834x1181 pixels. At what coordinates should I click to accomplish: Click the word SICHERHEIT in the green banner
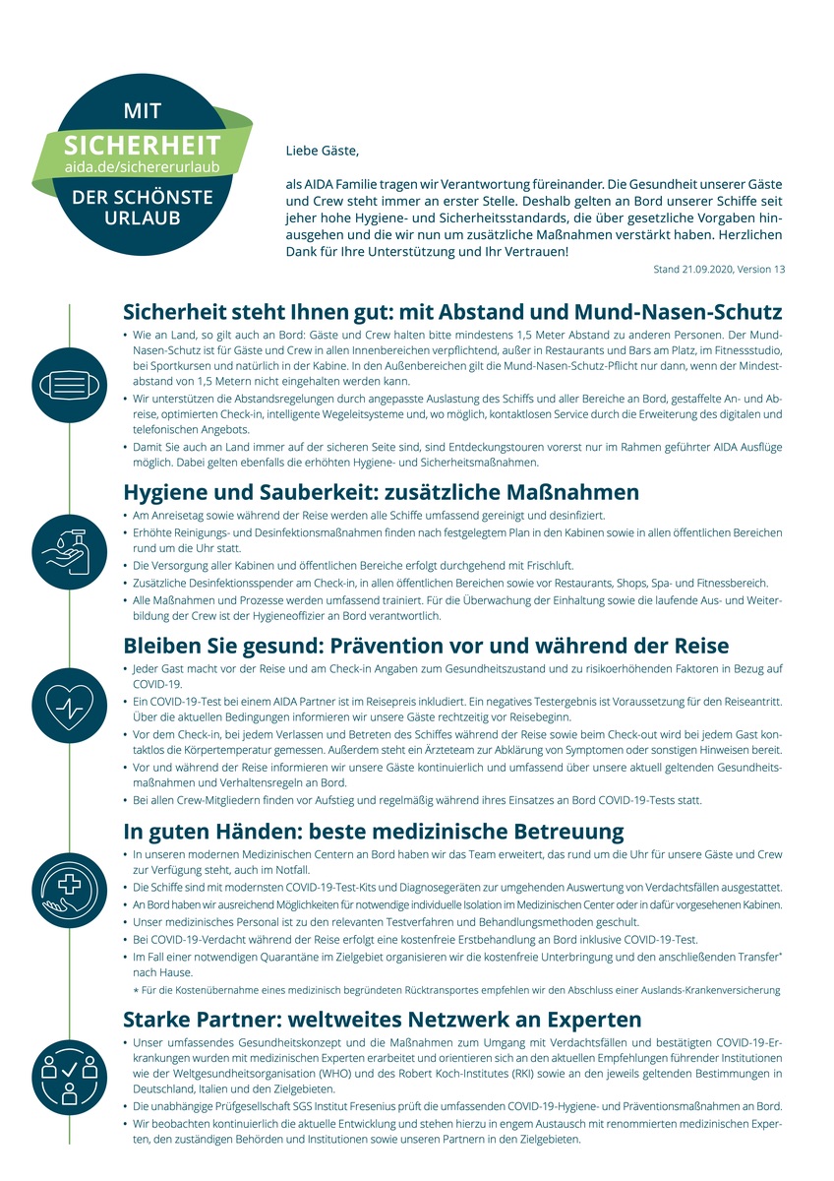(142, 147)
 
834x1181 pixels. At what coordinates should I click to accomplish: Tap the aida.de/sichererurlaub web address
(142, 167)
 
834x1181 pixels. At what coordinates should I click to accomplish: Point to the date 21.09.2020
(710, 269)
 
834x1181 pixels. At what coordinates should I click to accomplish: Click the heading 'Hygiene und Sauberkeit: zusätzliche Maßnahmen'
(382, 492)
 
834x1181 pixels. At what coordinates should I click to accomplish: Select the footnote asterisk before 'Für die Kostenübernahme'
(136, 990)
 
